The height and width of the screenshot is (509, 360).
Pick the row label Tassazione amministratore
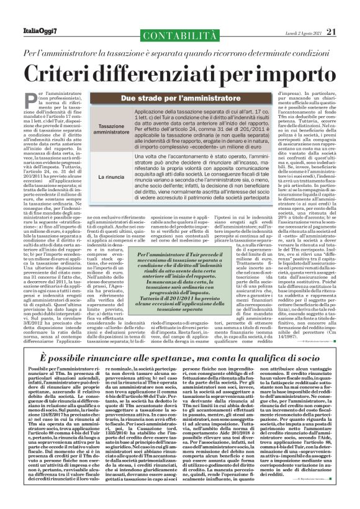click(108, 128)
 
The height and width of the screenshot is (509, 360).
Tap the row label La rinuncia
click(108, 178)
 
